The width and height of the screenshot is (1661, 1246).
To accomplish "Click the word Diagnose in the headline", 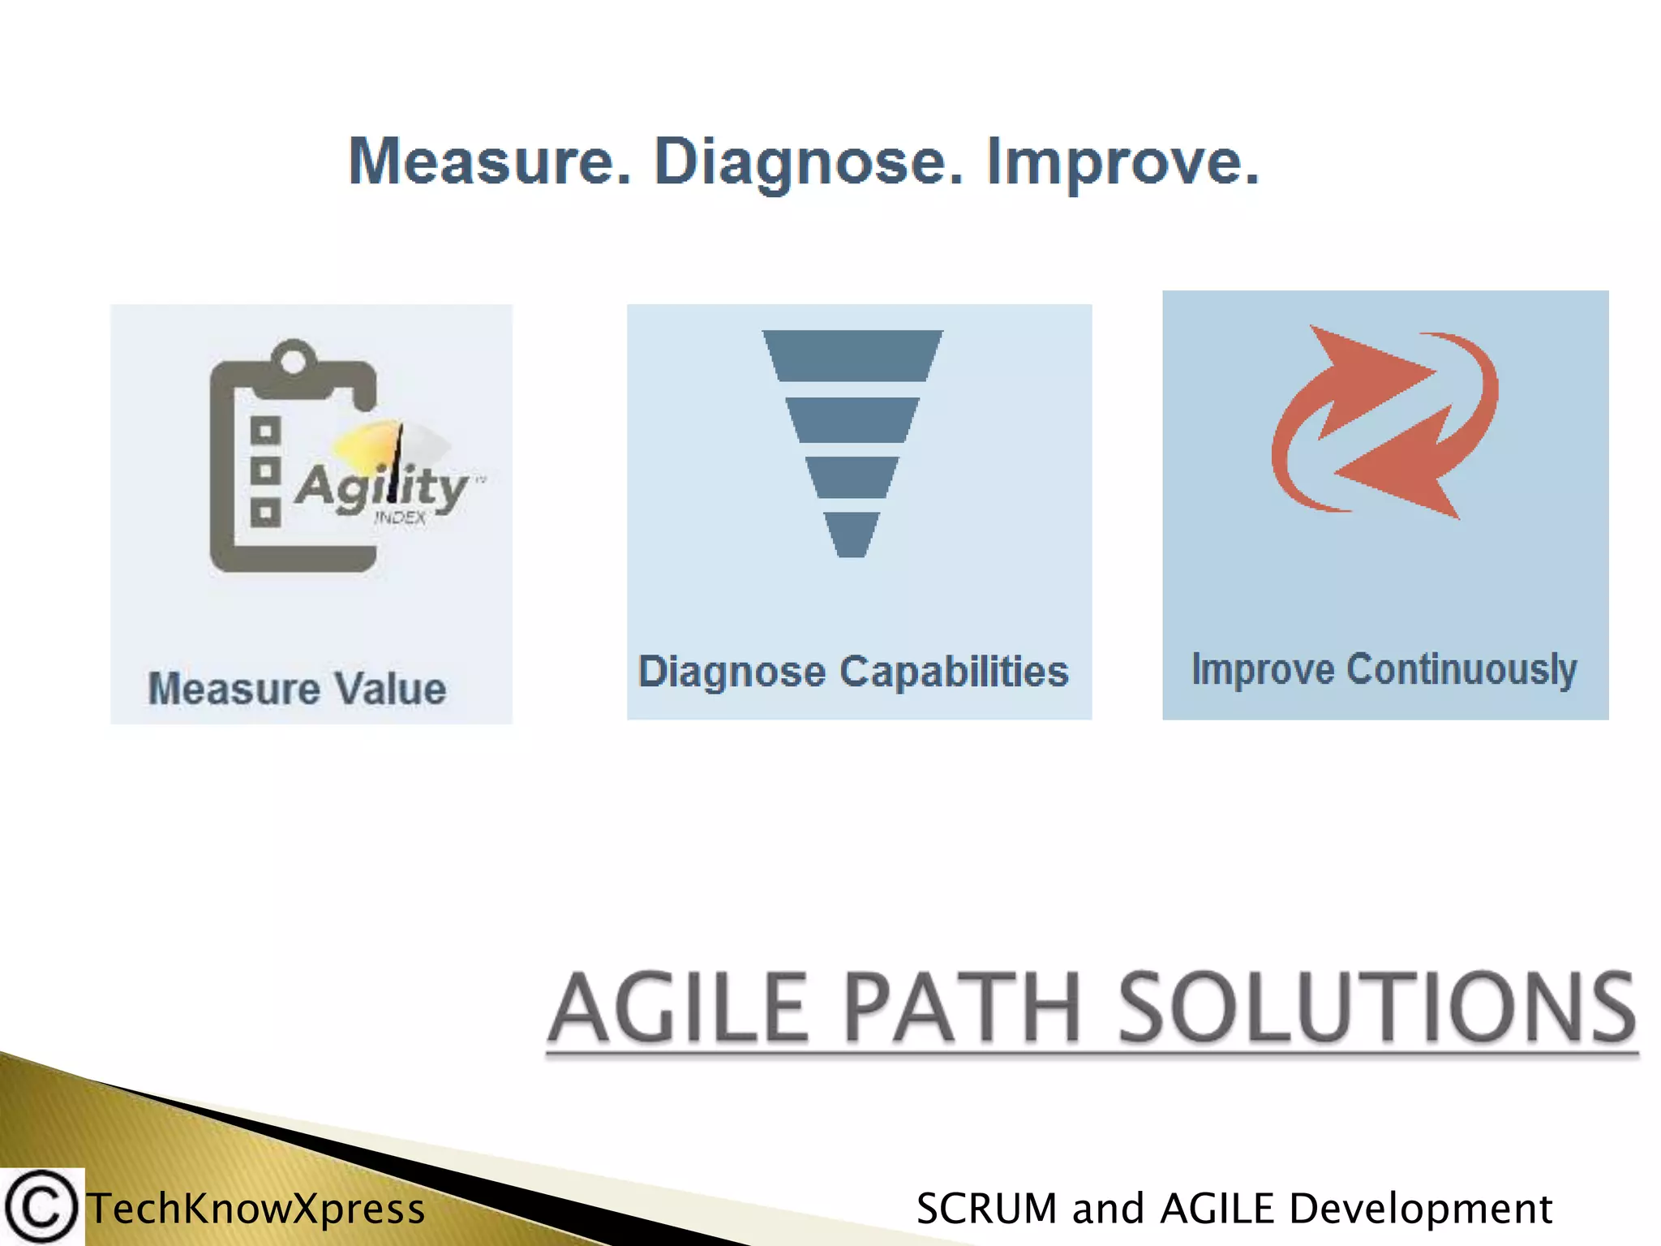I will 808,161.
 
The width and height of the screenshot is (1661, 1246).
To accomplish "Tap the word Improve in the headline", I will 1122,161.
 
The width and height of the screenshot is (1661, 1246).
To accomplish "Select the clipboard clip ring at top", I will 293,357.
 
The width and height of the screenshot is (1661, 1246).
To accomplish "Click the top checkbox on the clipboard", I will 265,431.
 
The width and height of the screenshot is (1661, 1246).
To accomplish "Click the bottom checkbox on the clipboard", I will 265,513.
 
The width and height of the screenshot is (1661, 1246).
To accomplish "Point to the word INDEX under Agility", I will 400,518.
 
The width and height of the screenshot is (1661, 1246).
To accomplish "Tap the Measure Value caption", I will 297,689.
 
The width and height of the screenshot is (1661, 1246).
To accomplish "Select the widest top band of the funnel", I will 852,355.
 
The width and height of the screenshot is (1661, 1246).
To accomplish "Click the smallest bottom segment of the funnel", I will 852,534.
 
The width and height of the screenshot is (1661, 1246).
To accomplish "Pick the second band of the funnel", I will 852,419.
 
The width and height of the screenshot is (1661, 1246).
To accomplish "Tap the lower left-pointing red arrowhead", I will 1403,479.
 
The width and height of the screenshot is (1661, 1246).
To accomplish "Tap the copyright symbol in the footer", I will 41,1207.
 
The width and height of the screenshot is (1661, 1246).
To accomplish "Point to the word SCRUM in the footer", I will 986,1209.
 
